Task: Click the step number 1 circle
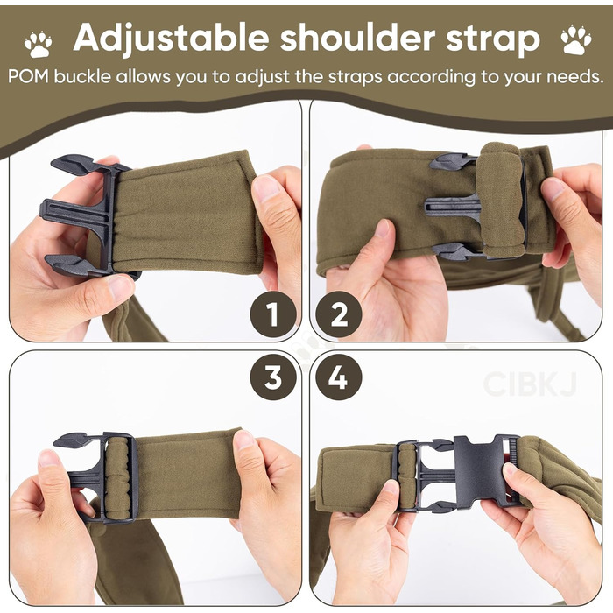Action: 272,314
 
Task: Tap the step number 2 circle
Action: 339,314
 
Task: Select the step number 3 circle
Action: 272,377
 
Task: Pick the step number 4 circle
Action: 339,377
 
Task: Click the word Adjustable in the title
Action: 171,39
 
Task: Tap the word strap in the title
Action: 493,40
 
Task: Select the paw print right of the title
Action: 576,40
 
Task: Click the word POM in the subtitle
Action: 28,77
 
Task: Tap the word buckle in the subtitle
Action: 82,77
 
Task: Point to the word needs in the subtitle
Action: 575,77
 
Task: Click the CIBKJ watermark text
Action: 530,384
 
